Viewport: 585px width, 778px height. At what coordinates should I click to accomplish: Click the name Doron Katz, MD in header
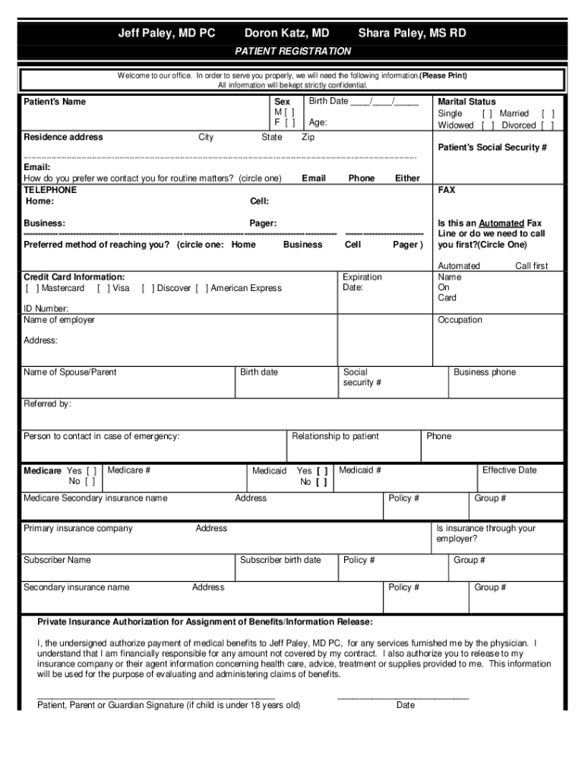[x=286, y=33]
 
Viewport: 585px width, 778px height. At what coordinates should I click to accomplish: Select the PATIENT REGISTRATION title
[x=292, y=51]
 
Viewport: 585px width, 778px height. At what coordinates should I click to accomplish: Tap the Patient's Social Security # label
[x=492, y=147]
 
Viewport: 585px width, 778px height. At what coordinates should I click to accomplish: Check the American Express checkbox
[x=201, y=288]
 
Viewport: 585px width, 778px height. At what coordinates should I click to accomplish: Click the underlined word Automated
[x=501, y=223]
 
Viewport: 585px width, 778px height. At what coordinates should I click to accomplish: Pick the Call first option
[x=531, y=266]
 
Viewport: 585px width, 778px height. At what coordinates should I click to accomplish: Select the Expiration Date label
[x=362, y=283]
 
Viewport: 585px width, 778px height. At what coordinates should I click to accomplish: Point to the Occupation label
[x=460, y=320]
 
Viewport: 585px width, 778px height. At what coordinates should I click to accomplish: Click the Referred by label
[x=47, y=403]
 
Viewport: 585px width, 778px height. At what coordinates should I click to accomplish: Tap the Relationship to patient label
[x=335, y=436]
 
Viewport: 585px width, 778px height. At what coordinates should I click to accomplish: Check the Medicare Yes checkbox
[x=91, y=471]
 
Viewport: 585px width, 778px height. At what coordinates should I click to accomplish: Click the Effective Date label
[x=509, y=470]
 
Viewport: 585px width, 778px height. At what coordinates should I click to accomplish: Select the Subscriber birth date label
[x=280, y=560]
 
